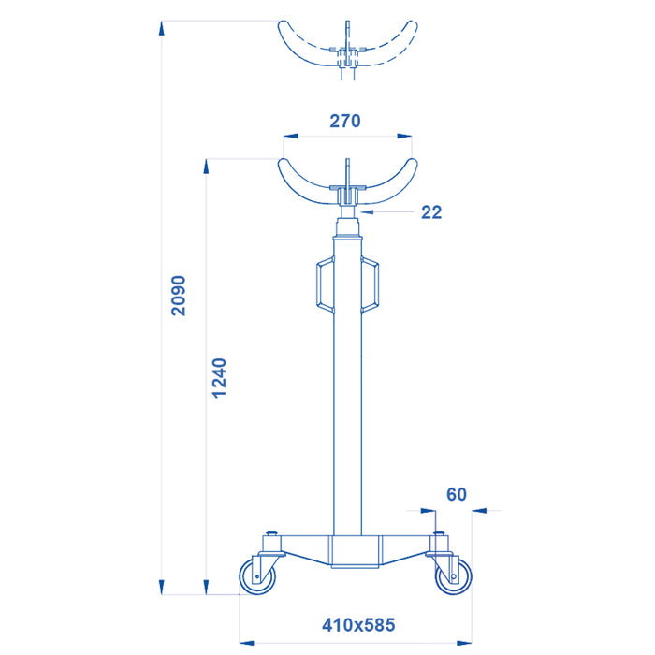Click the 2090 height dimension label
[x=179, y=296]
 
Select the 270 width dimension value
[x=344, y=121]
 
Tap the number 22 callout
[x=430, y=212]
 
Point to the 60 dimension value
[x=457, y=493]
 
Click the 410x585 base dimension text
[x=358, y=623]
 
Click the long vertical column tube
[x=347, y=393]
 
